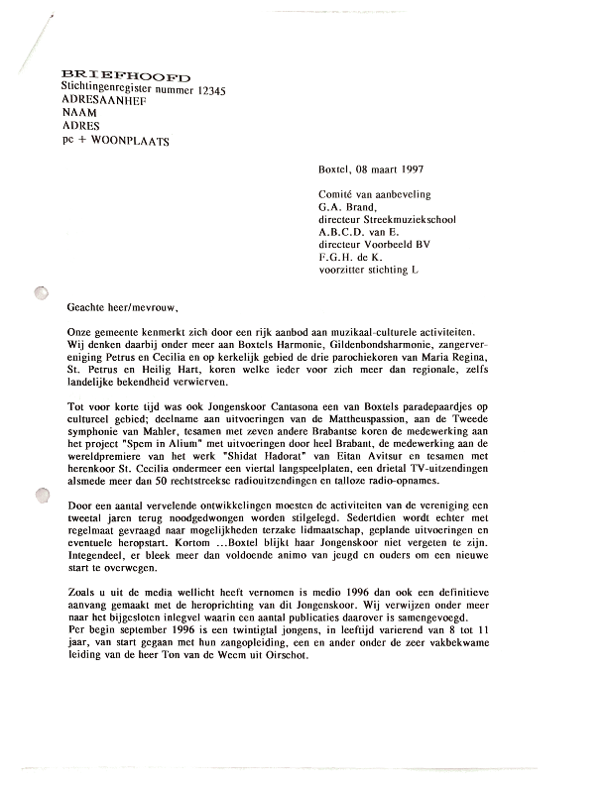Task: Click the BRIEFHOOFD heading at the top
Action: [x=126, y=76]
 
